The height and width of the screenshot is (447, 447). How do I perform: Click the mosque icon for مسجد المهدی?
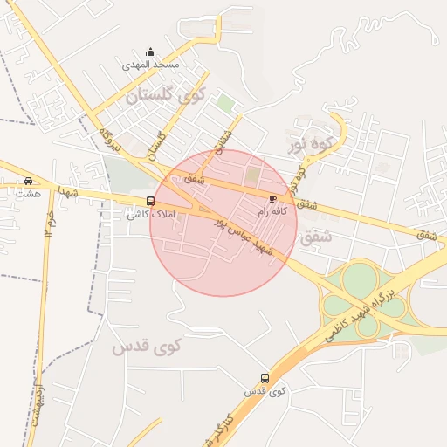[x=150, y=52]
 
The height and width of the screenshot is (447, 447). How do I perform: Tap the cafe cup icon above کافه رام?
[x=272, y=200]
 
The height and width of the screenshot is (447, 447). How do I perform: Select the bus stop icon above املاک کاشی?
[x=150, y=201]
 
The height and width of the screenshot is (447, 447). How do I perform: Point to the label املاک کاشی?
[x=157, y=213]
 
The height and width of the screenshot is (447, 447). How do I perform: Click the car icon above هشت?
[x=28, y=181]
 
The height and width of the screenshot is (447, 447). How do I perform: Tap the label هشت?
[x=27, y=193]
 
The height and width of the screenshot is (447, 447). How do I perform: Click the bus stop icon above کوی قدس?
[x=265, y=379]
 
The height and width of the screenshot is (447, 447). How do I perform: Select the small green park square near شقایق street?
[x=225, y=103]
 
